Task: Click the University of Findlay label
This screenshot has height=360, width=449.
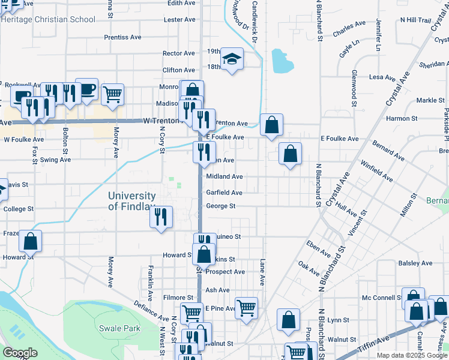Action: [132, 201]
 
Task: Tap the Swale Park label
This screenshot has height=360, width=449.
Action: [120, 328]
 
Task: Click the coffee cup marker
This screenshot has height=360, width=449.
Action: [86, 89]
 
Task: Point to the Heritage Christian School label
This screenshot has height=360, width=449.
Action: [48, 19]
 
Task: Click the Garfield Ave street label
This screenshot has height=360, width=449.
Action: [224, 193]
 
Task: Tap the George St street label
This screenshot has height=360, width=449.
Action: [220, 206]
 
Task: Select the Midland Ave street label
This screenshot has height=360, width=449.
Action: [224, 177]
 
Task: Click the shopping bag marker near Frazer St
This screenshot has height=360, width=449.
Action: [30, 241]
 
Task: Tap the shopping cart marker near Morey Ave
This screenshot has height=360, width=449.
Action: [112, 94]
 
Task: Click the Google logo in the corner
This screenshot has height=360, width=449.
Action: [20, 353]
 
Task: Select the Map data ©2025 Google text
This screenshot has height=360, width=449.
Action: [412, 355]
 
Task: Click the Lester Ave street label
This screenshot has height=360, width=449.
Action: [179, 20]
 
